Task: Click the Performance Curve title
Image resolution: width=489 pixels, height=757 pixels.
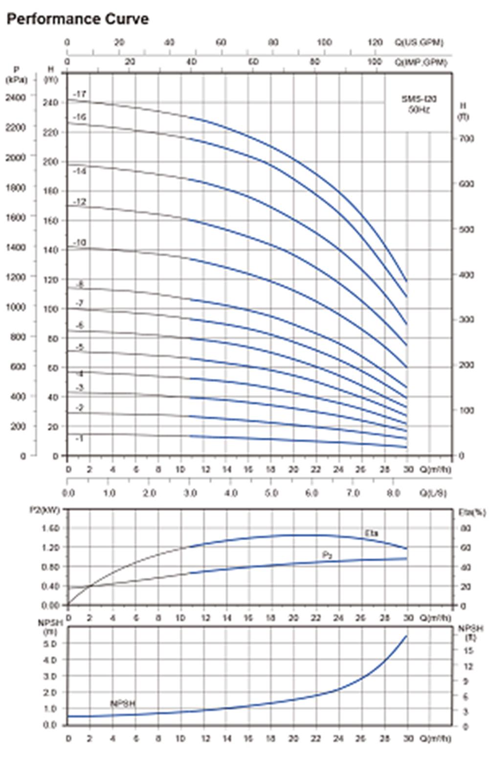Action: pos(78,19)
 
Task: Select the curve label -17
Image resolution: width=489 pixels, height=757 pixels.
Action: pos(80,93)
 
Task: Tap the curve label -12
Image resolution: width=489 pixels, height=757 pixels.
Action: pos(80,202)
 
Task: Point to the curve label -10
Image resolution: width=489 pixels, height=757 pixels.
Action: pos(80,242)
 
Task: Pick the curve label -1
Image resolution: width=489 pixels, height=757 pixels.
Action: pos(80,438)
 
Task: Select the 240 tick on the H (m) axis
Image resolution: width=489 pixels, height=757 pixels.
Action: pos(51,102)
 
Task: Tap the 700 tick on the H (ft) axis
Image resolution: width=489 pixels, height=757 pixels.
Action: pos(467,139)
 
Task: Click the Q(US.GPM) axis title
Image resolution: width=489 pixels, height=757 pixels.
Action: pos(419,42)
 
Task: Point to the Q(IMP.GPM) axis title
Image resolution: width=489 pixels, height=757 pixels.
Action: pos(421,62)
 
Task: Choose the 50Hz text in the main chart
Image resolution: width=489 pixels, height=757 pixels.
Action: pos(419,109)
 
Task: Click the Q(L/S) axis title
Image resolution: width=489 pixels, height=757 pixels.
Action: pos(433,493)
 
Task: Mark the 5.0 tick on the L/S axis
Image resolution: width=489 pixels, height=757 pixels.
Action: pos(271,493)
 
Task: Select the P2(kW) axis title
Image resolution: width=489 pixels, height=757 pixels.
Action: pos(44,510)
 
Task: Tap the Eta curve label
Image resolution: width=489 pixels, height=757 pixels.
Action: pos(372,533)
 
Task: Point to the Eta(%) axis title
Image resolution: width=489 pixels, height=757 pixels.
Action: pos(472,512)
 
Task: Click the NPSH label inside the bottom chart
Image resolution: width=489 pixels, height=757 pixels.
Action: pos(123,704)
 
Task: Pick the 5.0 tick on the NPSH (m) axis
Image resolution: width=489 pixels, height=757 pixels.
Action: pos(50,643)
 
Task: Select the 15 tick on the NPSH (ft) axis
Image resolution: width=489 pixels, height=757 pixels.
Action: pos(468,650)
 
